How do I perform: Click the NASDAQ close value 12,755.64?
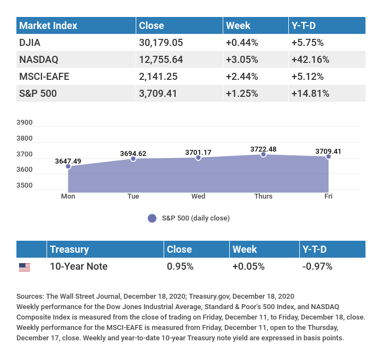point(163,59)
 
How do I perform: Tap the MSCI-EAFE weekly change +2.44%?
point(242,76)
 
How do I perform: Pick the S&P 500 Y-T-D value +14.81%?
point(310,93)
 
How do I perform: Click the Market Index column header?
point(48,25)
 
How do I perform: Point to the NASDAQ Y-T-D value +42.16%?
point(310,59)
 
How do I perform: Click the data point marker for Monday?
point(68,166)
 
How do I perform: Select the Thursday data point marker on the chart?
point(263,155)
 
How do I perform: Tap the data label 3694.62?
point(133,153)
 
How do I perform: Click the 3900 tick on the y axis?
point(25,123)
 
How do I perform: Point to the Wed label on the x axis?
point(198,196)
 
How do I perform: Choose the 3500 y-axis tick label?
point(25,185)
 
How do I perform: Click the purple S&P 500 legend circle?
point(152,218)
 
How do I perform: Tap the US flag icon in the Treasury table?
point(25,267)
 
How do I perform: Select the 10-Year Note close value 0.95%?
point(181,266)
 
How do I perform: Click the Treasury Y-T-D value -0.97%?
point(317,266)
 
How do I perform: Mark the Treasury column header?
point(69,249)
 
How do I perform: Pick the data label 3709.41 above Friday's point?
point(328,151)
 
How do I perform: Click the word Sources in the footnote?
point(30,297)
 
